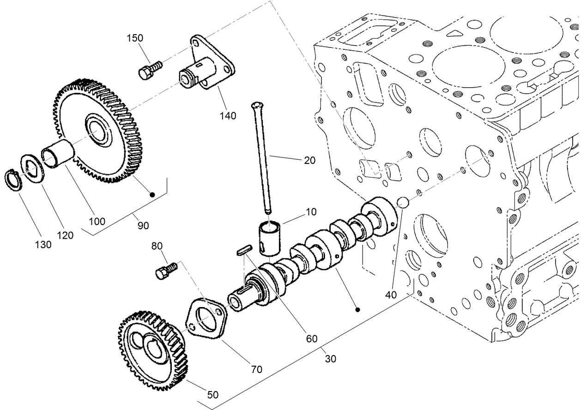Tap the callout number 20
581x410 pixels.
pyautogui.click(x=309, y=160)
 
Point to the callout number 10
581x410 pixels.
pyautogui.click(x=311, y=212)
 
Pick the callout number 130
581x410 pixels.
pyautogui.click(x=43, y=245)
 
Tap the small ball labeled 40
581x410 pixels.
pyautogui.click(x=403, y=202)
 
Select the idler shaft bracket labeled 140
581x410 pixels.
pyautogui.click(x=208, y=65)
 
